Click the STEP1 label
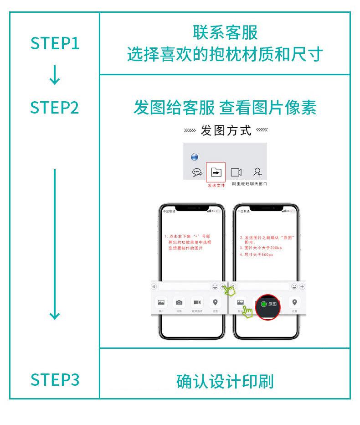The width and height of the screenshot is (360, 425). click(x=55, y=43)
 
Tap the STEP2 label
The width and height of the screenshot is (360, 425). click(x=55, y=108)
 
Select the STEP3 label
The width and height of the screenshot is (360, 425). click(x=55, y=379)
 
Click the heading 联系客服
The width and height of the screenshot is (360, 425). click(x=225, y=33)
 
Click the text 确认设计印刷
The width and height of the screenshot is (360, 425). click(x=225, y=381)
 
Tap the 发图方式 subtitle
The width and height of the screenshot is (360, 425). click(x=226, y=131)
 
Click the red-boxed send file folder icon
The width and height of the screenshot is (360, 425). click(x=216, y=172)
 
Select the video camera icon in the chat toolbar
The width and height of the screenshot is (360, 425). click(x=236, y=172)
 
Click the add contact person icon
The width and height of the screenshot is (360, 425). click(x=258, y=172)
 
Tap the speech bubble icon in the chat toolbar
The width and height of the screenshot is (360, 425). click(x=197, y=172)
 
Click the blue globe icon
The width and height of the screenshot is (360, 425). click(x=195, y=157)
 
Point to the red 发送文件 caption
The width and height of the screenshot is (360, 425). click(x=216, y=186)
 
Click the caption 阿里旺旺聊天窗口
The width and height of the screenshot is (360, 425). click(x=249, y=183)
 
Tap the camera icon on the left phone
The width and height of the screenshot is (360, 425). click(x=179, y=302)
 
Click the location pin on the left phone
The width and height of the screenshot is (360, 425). click(x=215, y=302)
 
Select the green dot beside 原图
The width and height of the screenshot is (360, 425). click(x=263, y=304)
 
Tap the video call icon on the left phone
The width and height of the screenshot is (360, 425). click(x=197, y=302)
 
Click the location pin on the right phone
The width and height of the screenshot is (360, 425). click(x=294, y=302)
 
